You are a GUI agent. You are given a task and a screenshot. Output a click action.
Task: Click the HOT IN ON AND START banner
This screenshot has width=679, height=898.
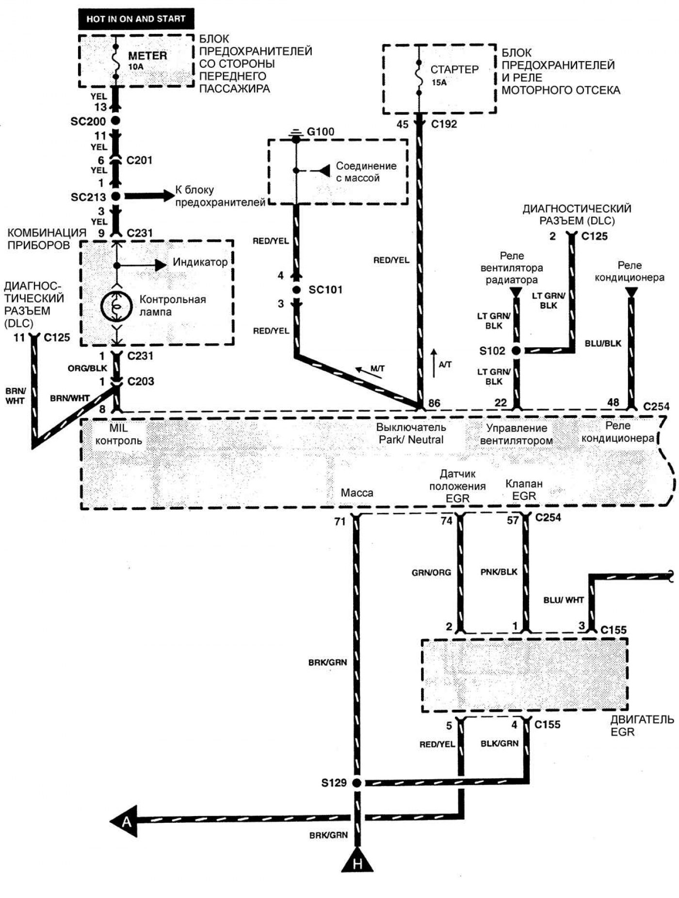[x=136, y=19]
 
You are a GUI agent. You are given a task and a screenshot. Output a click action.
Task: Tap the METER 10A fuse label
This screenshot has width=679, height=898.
[x=147, y=60]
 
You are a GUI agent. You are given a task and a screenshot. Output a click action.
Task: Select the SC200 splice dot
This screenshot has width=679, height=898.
[x=115, y=121]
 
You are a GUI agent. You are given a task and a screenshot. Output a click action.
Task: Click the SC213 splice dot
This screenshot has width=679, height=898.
[x=115, y=196]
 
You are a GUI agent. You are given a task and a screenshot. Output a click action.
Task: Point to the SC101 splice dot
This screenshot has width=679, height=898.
[x=296, y=290]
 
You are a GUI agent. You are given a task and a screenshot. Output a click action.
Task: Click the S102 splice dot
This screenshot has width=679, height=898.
[x=516, y=351]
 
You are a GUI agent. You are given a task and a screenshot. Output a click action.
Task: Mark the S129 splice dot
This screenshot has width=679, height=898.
[x=356, y=783]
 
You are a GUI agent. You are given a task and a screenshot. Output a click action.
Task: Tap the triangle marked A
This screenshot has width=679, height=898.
[x=125, y=821]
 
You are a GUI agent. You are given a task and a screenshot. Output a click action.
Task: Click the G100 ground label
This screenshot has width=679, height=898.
[x=321, y=132]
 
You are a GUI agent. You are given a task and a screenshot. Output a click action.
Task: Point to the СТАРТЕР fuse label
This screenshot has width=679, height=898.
[x=454, y=69]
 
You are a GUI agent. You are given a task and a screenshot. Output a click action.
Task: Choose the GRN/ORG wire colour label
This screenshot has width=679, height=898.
[x=431, y=573]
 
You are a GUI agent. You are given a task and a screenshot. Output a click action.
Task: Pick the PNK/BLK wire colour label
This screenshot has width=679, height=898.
[x=499, y=572]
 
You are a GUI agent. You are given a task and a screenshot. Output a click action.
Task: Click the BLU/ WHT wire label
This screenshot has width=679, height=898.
[x=564, y=600]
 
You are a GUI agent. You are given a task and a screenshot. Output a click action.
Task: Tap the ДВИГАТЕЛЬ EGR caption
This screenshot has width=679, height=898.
[x=642, y=725]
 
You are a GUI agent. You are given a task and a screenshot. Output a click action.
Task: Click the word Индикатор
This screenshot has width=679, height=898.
[x=200, y=262]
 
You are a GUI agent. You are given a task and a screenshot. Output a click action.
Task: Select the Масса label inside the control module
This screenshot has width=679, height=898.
[x=357, y=493]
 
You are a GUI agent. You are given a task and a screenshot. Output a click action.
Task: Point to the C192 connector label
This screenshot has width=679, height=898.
[x=444, y=124]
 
